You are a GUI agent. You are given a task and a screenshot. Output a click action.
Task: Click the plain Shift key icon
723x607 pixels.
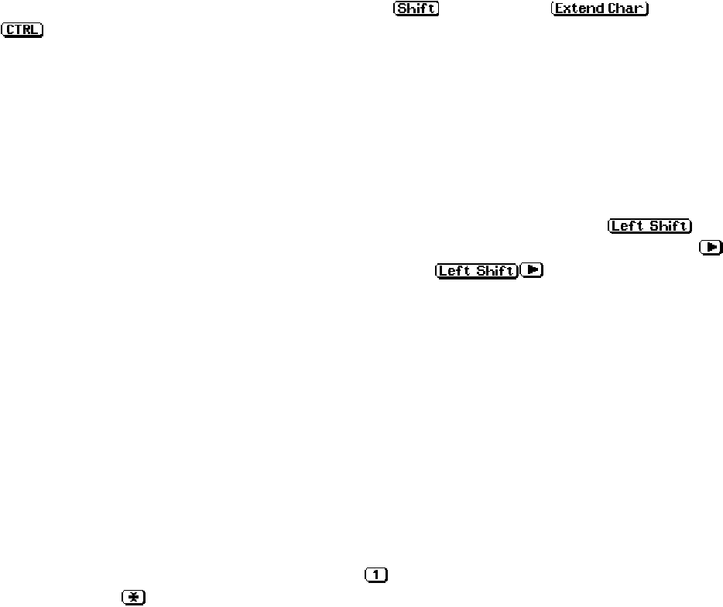(416, 9)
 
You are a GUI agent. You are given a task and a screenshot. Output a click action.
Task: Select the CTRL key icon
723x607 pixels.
(23, 30)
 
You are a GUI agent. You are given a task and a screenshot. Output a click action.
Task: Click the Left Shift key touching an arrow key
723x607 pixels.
(476, 270)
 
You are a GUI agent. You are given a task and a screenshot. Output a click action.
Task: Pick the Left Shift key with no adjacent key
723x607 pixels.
(649, 226)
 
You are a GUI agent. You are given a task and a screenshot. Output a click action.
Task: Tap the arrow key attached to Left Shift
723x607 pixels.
(530, 270)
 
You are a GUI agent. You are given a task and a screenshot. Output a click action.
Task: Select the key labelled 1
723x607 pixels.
(375, 575)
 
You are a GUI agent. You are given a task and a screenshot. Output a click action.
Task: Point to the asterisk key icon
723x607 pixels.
(133, 597)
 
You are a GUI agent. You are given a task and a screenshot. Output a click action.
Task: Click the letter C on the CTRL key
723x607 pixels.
(11, 30)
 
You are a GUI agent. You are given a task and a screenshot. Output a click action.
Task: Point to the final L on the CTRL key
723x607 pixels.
(36, 30)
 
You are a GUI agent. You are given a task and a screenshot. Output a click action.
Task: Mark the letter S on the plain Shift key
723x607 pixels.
(403, 9)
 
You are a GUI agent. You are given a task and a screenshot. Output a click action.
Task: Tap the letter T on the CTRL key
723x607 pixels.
(19, 30)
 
